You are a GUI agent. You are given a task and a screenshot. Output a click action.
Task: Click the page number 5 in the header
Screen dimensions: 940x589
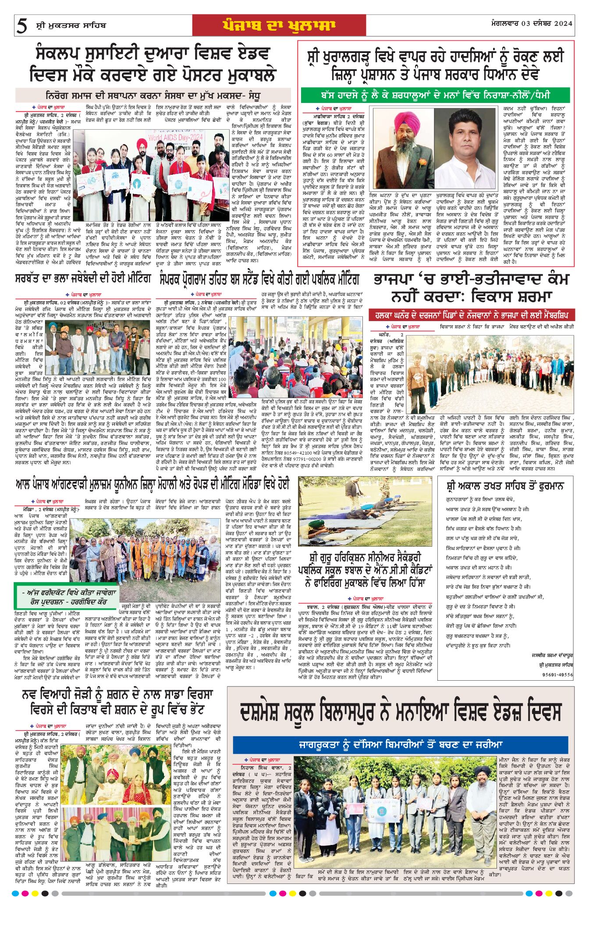pyautogui.click(x=21, y=26)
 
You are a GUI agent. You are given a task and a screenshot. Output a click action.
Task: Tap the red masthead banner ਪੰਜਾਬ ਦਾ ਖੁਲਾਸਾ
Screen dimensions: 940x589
pyautogui.click(x=279, y=25)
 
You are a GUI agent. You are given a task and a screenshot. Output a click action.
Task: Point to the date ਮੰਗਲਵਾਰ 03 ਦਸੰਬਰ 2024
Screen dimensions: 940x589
pyautogui.click(x=532, y=24)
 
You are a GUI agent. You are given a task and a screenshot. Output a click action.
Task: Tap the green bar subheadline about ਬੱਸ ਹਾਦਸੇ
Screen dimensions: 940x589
pyautogui.click(x=435, y=95)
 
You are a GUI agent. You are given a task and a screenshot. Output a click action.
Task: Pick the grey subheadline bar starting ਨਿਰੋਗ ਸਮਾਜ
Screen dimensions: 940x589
pyautogui.click(x=153, y=95)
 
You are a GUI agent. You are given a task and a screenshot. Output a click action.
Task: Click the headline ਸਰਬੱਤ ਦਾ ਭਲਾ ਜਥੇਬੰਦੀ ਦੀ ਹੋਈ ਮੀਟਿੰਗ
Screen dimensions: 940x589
pyautogui.click(x=84, y=279)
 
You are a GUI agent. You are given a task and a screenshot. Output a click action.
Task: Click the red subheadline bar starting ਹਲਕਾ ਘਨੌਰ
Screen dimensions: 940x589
pyautogui.click(x=471, y=315)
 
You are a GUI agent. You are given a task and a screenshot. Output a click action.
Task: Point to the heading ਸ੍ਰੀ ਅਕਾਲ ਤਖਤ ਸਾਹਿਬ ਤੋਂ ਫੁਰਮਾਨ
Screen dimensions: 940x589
pyautogui.click(x=505, y=486)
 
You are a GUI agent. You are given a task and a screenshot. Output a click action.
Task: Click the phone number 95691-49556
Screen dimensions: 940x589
pyautogui.click(x=557, y=675)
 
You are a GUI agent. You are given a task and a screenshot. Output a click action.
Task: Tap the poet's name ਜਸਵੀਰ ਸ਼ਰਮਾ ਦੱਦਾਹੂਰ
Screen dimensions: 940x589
pyautogui.click(x=551, y=655)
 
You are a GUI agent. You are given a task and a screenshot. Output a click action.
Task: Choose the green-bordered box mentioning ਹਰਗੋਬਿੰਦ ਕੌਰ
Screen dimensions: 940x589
pyautogui.click(x=67, y=597)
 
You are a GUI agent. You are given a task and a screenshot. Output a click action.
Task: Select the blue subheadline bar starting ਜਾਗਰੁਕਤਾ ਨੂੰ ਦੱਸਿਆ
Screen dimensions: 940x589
pyautogui.click(x=401, y=744)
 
